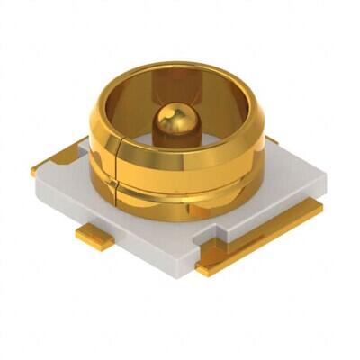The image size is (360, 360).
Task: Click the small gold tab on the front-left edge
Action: (89, 236)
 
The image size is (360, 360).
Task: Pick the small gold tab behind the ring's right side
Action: (271, 140)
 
